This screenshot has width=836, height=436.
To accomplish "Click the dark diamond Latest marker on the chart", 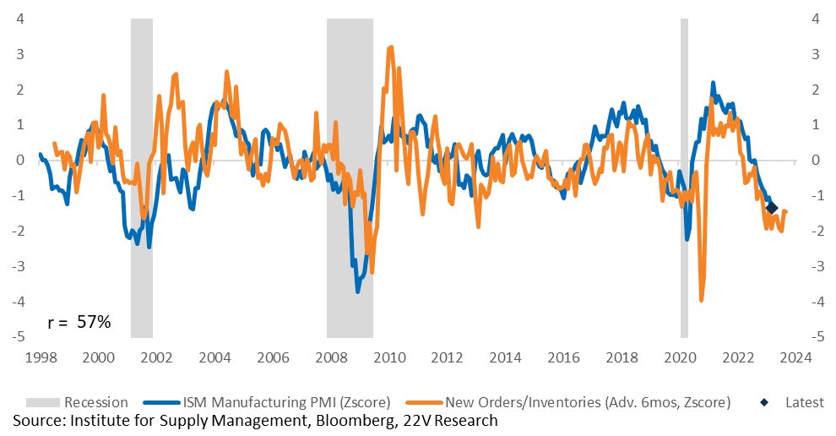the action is [771, 208].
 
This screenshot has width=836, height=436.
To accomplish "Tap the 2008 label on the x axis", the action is [331, 357].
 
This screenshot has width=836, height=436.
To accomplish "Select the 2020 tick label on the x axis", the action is [680, 357].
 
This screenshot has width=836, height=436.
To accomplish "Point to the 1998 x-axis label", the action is [41, 357].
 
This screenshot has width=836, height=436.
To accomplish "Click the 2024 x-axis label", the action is [795, 357].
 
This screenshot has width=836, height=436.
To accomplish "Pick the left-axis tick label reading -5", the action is [19, 337].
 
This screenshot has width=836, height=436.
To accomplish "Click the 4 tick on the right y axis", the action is [815, 19].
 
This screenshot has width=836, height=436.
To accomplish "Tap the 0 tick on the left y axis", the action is [21, 160].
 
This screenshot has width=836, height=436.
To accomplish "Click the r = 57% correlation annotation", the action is [79, 322].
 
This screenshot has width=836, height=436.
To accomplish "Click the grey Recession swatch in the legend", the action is [43, 402].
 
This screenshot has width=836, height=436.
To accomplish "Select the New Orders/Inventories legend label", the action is [588, 402].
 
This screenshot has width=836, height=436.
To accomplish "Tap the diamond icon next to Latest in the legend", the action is [764, 402].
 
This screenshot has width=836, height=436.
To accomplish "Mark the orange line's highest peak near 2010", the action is [391, 47].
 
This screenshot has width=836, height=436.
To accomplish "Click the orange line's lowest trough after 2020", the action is [701, 301].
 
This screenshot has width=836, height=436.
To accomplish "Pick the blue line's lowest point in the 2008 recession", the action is [357, 292].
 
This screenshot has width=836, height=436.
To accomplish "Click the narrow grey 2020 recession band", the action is [684, 177].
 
